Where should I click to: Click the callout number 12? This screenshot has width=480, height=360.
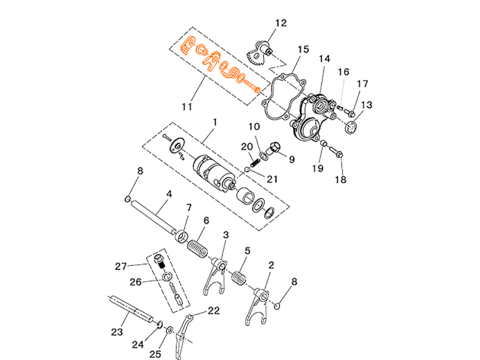pyautogui.click(x=281, y=23)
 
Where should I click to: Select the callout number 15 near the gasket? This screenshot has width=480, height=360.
pyautogui.click(x=303, y=49)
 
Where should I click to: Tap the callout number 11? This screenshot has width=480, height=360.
pyautogui.click(x=187, y=107)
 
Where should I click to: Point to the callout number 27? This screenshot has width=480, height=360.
pyautogui.click(x=121, y=267)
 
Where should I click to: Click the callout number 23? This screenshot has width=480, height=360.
pyautogui.click(x=116, y=332)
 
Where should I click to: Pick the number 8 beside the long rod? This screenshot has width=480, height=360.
pyautogui.click(x=140, y=171)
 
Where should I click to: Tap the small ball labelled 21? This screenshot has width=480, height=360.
pyautogui.click(x=247, y=169)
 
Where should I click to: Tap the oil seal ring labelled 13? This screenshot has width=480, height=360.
pyautogui.click(x=350, y=127)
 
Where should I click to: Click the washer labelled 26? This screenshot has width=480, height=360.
pyautogui.click(x=167, y=278)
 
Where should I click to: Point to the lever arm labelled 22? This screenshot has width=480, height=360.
pyautogui.click(x=184, y=336)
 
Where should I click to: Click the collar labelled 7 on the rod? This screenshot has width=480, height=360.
pyautogui.click(x=182, y=237)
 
